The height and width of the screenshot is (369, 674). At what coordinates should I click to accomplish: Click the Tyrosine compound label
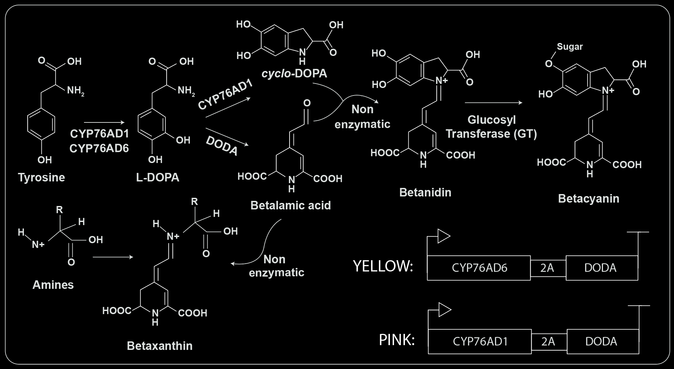tap(41, 177)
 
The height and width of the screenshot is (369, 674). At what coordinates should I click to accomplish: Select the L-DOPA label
tap(157, 177)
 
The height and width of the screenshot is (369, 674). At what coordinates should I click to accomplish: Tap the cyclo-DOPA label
tap(294, 73)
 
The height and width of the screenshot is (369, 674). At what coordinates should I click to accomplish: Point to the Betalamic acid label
tap(291, 205)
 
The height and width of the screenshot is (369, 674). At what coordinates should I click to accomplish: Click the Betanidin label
tap(425, 192)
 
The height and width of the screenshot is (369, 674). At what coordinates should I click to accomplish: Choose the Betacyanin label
tap(588, 198)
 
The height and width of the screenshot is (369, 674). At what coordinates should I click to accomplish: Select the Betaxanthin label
tap(159, 346)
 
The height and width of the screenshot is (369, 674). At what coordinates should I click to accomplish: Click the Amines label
tap(53, 285)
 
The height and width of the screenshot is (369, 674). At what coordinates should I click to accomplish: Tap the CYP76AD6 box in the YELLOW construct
tap(479, 268)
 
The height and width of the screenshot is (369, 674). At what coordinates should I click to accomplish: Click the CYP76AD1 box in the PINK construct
tap(480, 341)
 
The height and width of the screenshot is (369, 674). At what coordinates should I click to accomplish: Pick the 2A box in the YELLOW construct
tap(548, 268)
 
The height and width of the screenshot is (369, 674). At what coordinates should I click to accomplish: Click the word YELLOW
tap(383, 266)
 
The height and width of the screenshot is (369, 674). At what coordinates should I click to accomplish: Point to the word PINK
tap(397, 340)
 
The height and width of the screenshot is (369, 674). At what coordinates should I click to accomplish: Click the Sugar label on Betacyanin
tap(570, 47)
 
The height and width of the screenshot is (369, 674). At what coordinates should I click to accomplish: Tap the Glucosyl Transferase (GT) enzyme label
tap(491, 127)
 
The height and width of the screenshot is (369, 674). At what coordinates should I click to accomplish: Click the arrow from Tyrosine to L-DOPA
tap(104, 122)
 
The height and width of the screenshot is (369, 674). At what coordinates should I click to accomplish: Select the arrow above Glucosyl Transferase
tap(493, 103)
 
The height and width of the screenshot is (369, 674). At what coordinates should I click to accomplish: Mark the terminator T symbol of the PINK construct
tap(638, 306)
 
